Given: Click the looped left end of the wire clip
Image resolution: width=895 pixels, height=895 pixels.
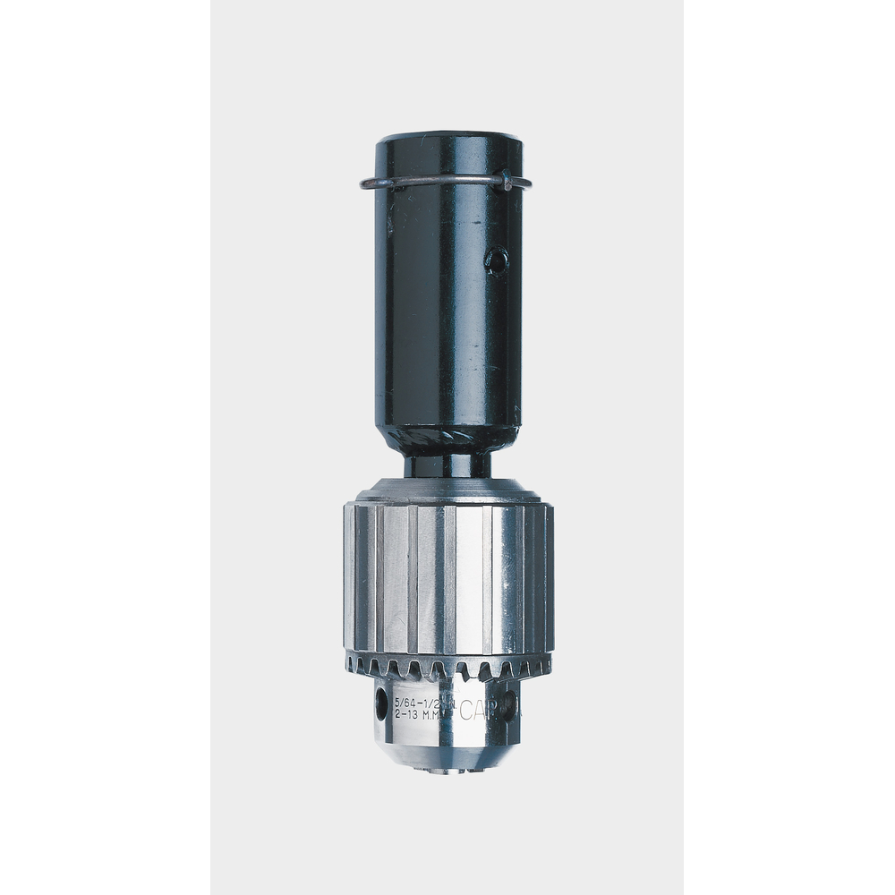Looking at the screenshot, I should point(365,185).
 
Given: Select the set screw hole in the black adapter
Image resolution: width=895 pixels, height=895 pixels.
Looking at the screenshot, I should point(496,261).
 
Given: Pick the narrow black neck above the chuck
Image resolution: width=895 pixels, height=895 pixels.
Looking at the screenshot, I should point(447,465).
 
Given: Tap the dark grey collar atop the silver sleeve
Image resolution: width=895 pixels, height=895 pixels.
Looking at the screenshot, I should point(447,491).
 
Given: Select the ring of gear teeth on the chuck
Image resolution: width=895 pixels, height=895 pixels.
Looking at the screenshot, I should point(447,665).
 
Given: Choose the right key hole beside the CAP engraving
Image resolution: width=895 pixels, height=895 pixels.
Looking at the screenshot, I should point(510,703).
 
